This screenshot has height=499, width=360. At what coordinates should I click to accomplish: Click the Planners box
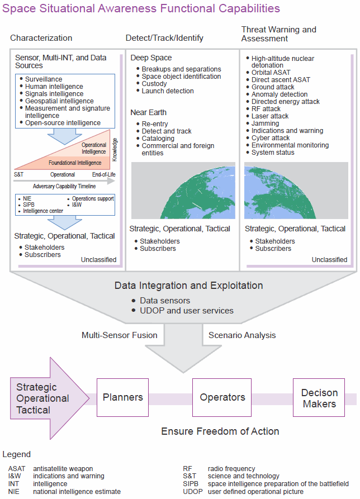point(122,397)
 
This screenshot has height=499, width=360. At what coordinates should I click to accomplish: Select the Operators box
point(222,397)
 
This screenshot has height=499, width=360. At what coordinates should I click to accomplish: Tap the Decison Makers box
point(319,397)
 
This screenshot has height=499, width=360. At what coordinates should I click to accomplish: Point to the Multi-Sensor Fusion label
point(119,335)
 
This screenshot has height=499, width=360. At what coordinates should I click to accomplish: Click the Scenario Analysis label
point(241,335)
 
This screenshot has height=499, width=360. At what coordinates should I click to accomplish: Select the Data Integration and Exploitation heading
point(188,286)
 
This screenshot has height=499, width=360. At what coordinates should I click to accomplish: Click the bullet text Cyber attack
point(271,138)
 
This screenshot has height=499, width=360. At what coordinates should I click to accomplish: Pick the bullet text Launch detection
point(168,91)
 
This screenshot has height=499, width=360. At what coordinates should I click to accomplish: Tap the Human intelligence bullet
point(54,87)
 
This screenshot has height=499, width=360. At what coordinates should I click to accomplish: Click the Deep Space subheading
point(151,58)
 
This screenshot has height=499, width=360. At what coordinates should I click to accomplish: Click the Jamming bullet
point(265,123)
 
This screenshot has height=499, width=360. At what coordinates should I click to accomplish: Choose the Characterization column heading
point(41,38)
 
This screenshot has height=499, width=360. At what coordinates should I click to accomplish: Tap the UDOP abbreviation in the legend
point(192,492)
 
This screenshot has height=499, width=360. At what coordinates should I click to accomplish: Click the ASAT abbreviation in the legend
point(17,468)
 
